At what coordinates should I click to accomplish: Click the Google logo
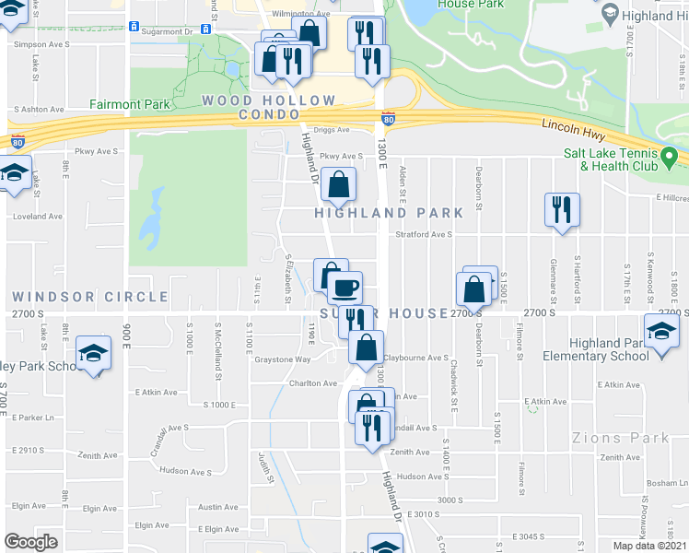pyautogui.click(x=30, y=542)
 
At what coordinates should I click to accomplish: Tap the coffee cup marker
pyautogui.click(x=345, y=288)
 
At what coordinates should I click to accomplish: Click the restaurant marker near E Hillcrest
pyautogui.click(x=561, y=209)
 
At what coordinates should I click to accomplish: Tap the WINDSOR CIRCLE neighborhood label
pyautogui.click(x=90, y=297)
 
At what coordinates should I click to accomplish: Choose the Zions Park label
pyautogui.click(x=621, y=438)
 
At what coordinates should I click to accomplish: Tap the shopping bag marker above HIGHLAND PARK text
pyautogui.click(x=339, y=184)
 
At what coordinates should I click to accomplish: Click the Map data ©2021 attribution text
pyautogui.click(x=649, y=546)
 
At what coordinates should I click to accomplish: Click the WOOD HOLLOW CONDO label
pyautogui.click(x=269, y=107)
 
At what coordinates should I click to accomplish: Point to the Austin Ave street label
pyautogui.click(x=218, y=507)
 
